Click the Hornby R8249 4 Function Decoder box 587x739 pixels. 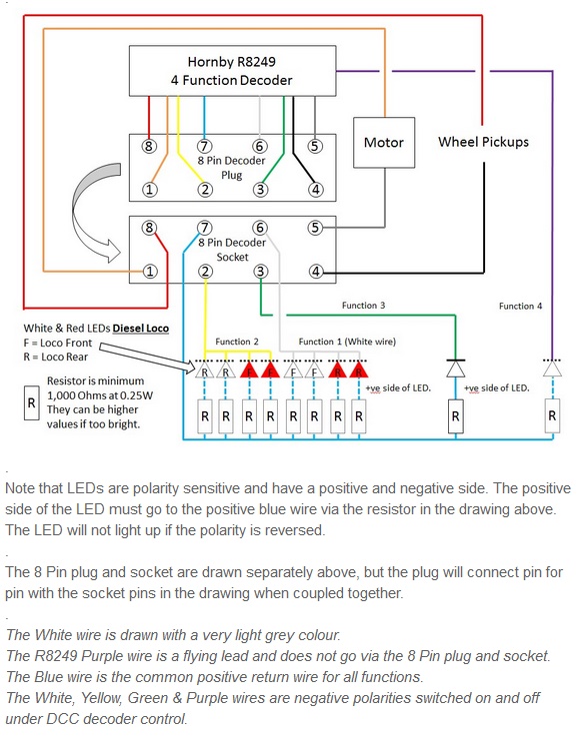click(x=233, y=71)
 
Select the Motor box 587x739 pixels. click(x=384, y=143)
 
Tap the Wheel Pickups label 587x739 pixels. click(x=483, y=142)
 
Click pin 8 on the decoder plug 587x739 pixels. click(x=149, y=146)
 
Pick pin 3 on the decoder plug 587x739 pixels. click(x=260, y=190)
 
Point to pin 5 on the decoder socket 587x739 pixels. click(x=315, y=228)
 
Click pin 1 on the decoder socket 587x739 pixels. click(x=150, y=272)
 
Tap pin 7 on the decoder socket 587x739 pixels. click(x=205, y=228)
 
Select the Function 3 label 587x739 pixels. click(x=363, y=306)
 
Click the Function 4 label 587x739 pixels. click(x=520, y=306)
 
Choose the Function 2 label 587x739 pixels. click(x=237, y=342)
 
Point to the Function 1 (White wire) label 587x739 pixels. click(x=347, y=342)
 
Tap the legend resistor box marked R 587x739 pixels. click(x=31, y=403)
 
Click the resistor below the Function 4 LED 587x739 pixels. click(x=552, y=415)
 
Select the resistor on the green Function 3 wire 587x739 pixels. click(x=455, y=416)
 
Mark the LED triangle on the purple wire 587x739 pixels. click(x=552, y=369)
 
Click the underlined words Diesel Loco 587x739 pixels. click(x=141, y=328)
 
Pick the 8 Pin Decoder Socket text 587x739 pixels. click(x=232, y=250)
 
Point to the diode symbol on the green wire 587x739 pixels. click(x=455, y=369)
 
